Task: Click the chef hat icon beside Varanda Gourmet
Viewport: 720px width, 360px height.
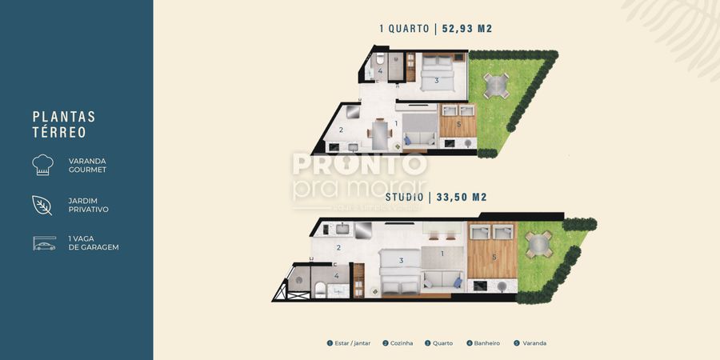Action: click(42, 165)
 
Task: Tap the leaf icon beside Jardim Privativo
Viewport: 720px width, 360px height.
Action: click(42, 205)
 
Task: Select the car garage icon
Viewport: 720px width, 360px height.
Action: click(44, 243)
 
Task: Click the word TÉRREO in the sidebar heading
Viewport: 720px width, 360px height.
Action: click(59, 133)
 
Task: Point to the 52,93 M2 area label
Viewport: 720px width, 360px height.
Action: click(467, 29)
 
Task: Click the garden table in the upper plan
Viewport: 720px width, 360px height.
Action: click(496, 84)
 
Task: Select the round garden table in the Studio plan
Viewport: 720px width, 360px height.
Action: click(538, 243)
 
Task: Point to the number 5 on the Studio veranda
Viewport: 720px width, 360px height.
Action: click(494, 257)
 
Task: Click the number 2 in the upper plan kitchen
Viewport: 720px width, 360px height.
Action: click(341, 130)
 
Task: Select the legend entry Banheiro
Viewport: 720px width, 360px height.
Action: click(483, 343)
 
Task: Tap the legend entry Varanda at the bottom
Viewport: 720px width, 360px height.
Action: click(531, 343)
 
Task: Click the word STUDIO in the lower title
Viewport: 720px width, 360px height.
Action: click(403, 197)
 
